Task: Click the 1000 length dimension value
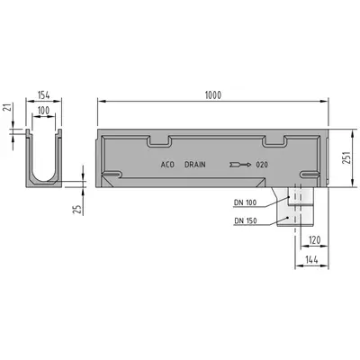(x=213, y=95)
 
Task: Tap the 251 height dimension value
(x=346, y=157)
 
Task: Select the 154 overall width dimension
(x=43, y=95)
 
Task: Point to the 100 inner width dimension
(x=43, y=111)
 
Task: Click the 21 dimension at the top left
(x=8, y=107)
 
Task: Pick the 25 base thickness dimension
(x=77, y=209)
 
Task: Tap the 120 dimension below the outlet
(x=314, y=240)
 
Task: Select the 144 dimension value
(x=312, y=259)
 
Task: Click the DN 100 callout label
(x=246, y=202)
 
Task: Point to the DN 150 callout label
(x=246, y=221)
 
